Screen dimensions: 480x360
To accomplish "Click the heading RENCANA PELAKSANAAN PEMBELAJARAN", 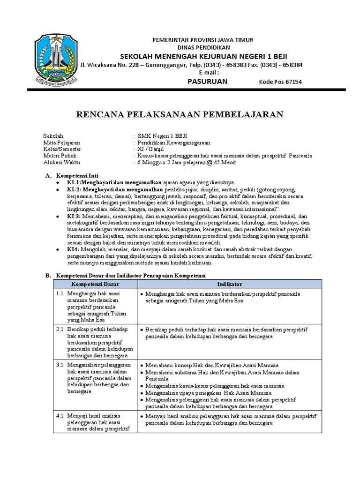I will tap(180, 114).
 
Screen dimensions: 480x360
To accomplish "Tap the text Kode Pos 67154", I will tap(280, 82).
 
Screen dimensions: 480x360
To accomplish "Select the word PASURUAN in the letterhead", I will tap(194, 82).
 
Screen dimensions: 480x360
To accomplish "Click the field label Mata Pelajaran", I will tap(61, 142).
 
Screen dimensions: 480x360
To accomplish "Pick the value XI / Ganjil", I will tap(150, 149).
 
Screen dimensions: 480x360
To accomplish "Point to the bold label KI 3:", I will tap(74, 217).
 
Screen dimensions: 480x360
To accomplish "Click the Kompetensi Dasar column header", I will tap(95, 284).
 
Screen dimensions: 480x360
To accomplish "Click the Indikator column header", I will tap(229, 284).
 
